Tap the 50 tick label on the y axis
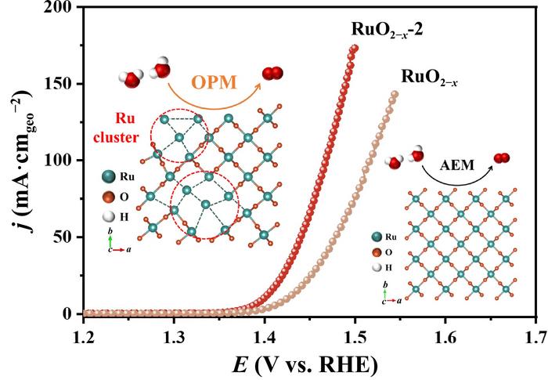(63, 237)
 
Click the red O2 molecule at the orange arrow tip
(271, 74)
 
